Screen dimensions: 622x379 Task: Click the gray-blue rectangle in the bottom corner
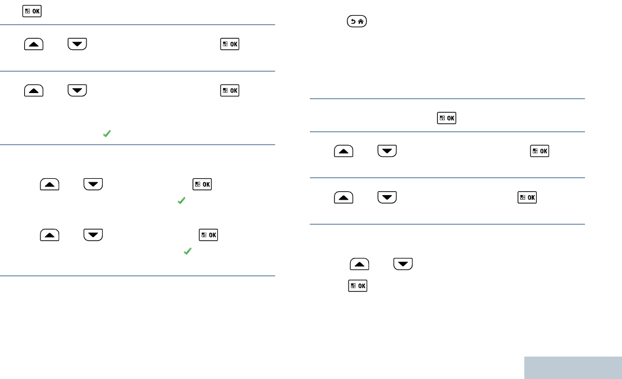[573, 368]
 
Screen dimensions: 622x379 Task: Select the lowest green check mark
[187, 252]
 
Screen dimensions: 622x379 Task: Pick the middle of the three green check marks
[181, 200]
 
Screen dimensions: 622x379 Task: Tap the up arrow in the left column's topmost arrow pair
[34, 44]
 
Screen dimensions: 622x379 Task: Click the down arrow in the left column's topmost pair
[77, 44]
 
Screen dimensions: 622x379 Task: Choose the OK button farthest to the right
[539, 151]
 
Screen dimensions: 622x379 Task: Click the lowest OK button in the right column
[357, 286]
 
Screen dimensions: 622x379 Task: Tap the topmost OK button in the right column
[446, 118]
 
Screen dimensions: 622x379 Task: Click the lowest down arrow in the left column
[93, 235]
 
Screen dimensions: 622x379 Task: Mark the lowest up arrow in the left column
[50, 235]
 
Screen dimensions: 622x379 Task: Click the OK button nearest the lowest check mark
[208, 235]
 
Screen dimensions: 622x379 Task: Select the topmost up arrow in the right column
[344, 151]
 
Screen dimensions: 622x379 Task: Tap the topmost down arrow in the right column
[387, 151]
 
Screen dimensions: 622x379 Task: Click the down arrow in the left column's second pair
[77, 90]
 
